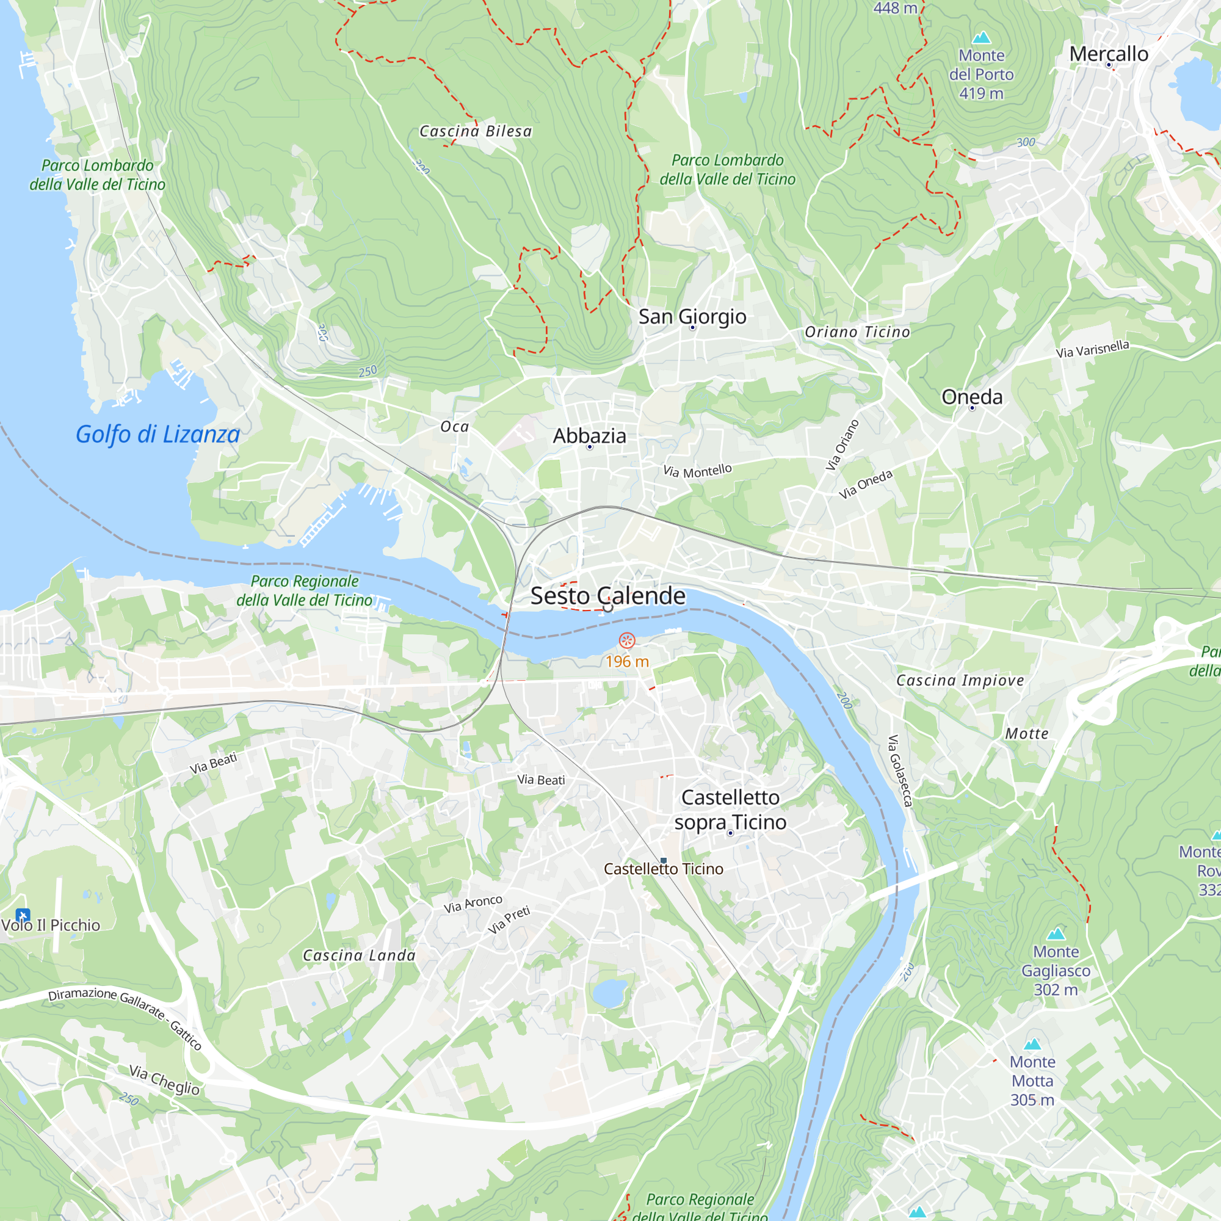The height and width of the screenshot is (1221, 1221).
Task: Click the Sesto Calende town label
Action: (x=607, y=595)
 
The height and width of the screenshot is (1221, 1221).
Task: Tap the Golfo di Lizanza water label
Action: (x=158, y=434)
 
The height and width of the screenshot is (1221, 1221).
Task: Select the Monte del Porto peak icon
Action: (x=982, y=37)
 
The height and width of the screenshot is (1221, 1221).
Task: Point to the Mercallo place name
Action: (x=1109, y=54)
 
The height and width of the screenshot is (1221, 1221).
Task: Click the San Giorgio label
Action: (x=692, y=316)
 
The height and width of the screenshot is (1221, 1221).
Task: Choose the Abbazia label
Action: (x=589, y=435)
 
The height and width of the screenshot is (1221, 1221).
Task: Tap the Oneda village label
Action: (x=971, y=397)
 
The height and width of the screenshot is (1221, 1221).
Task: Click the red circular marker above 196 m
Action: (x=626, y=641)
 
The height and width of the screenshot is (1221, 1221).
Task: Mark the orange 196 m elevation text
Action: (x=627, y=662)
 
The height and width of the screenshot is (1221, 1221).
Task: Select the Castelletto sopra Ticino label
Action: (x=730, y=810)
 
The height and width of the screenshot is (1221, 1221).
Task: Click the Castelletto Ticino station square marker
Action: (x=664, y=861)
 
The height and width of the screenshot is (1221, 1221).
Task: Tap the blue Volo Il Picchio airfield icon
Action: (x=23, y=915)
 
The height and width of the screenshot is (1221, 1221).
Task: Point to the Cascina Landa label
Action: (x=359, y=955)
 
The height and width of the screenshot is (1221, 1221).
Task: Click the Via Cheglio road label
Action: (x=164, y=1080)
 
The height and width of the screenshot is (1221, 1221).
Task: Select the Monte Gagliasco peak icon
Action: (x=1056, y=934)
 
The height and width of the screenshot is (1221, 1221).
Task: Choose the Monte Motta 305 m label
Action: (x=1032, y=1081)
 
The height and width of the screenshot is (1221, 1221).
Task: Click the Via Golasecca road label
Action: (x=900, y=770)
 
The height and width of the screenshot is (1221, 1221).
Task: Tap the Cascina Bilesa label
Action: (x=475, y=131)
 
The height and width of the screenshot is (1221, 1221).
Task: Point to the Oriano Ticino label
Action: (x=857, y=332)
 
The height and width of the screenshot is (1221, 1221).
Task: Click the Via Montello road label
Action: (x=697, y=471)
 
